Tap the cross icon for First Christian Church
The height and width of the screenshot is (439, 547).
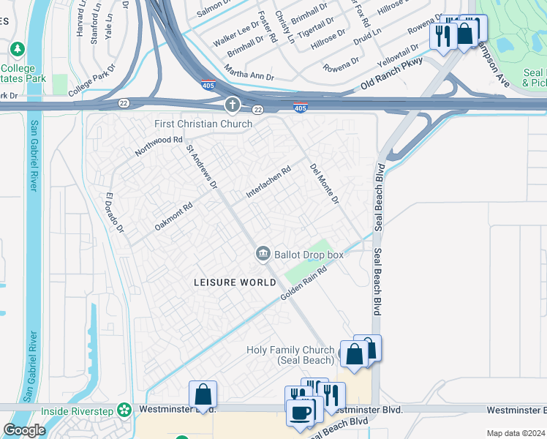(x=233, y=105)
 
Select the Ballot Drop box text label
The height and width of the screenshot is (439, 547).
(x=308, y=255)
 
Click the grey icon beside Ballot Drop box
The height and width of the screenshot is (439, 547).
(x=263, y=254)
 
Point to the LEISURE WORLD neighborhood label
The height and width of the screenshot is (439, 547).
(x=225, y=282)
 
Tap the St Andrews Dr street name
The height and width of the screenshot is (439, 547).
(x=202, y=166)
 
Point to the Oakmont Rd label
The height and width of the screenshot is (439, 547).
(x=173, y=217)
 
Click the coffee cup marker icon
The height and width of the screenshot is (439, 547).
(x=301, y=411)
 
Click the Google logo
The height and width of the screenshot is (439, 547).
(x=24, y=430)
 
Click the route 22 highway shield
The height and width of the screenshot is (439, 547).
(x=257, y=109)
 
